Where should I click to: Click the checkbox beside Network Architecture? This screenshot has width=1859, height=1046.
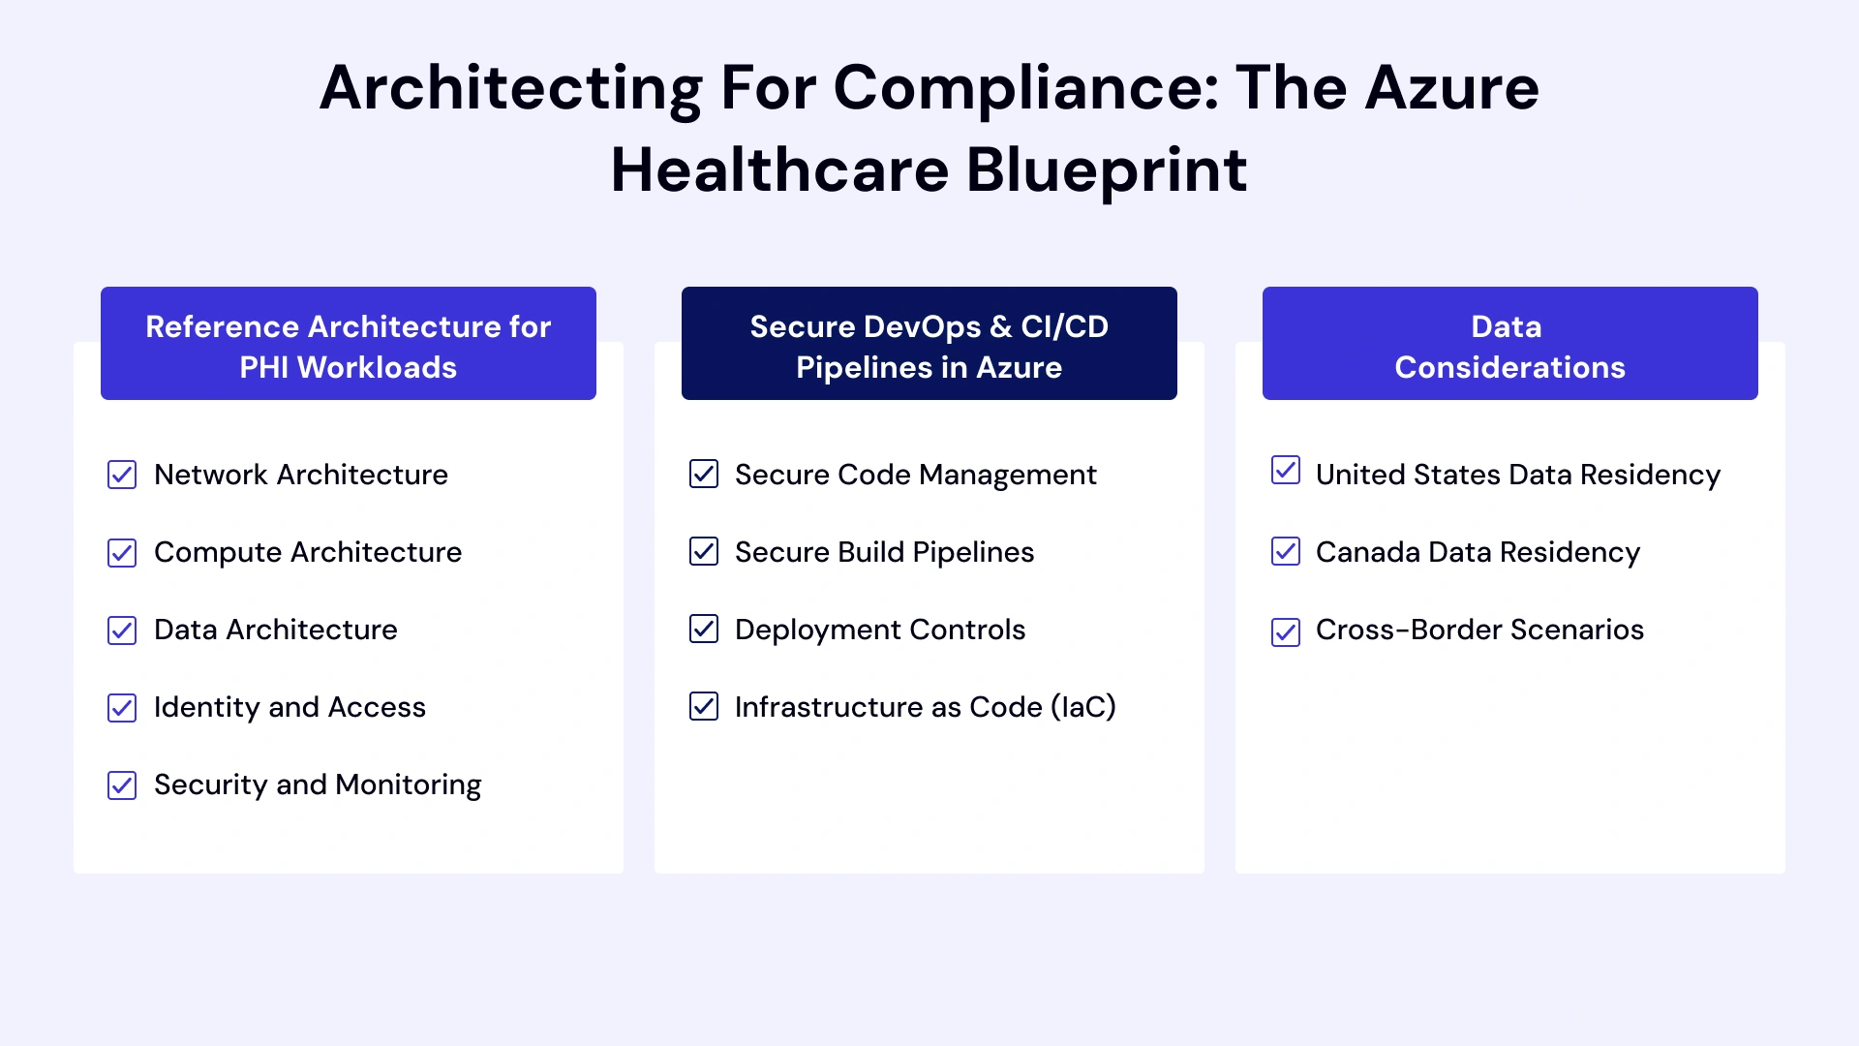[122, 475]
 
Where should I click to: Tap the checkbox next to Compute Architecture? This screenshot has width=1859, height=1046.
[122, 553]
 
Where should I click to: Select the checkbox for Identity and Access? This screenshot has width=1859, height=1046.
[122, 708]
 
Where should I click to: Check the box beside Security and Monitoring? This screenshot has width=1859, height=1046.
[122, 785]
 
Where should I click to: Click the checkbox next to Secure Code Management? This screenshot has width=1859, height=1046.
[704, 474]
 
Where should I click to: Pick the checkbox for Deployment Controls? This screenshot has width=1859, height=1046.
[704, 629]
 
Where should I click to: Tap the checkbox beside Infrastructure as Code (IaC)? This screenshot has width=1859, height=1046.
[704, 706]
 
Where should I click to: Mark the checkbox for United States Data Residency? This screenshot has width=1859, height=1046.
[1286, 470]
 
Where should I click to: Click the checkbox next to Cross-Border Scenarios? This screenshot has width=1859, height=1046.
[1286, 632]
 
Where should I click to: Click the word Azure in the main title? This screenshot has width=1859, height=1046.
[1451, 88]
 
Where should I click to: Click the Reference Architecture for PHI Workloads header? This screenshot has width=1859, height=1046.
[349, 344]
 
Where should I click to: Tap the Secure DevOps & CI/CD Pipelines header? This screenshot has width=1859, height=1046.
[929, 344]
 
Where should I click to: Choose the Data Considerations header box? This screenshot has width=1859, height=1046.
[1510, 344]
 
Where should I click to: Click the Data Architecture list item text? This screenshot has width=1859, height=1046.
[276, 630]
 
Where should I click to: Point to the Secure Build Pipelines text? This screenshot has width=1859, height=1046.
[884, 552]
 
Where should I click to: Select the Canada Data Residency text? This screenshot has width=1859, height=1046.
[1478, 552]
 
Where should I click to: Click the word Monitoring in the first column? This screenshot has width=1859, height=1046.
[408, 784]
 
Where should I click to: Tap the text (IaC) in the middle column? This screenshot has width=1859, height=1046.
[1083, 707]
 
